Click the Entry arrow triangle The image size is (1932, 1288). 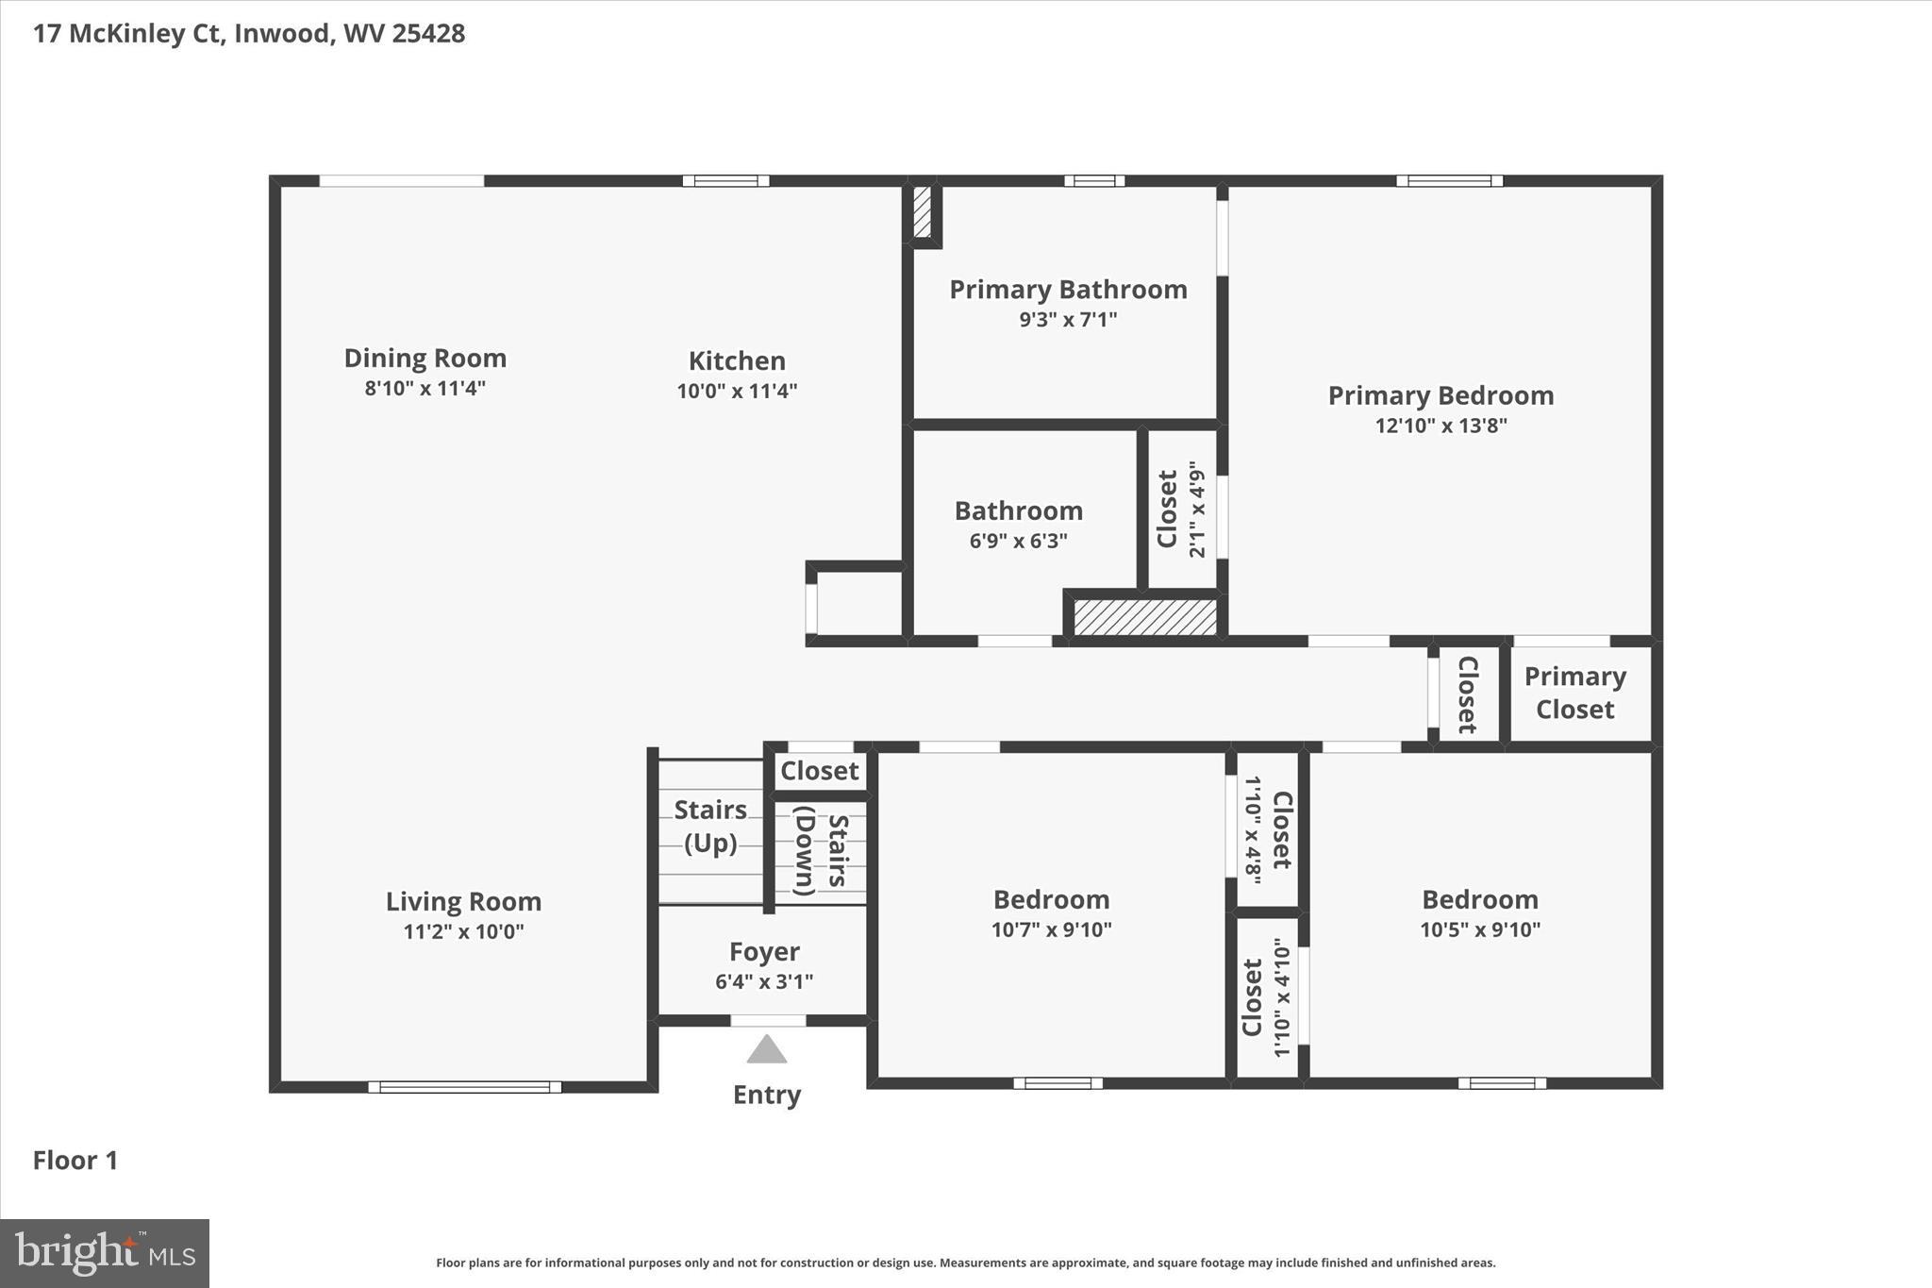pos(767,1049)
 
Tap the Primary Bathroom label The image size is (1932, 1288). pos(1068,290)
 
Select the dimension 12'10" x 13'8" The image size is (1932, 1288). pos(1441,426)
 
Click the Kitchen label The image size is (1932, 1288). pos(737,361)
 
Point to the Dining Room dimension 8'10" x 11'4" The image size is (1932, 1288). pos(425,388)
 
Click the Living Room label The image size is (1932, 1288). pos(463,902)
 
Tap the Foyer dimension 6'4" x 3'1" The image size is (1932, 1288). pos(764,981)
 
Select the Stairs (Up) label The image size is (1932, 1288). pos(709,826)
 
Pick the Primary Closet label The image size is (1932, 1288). pos(1574,693)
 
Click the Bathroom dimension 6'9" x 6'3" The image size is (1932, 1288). pos(1018,541)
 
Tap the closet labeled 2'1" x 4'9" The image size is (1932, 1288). pos(1181,510)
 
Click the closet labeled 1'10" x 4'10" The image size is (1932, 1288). pos(1266,997)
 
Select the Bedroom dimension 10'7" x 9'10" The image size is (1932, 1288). pos(1051,929)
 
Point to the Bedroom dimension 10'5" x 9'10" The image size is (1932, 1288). pos(1479,929)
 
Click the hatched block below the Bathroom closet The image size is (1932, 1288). pos(1144,617)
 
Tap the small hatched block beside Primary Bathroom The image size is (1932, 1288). pos(922,212)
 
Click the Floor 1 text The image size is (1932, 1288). pos(75,1161)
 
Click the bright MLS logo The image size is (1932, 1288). pos(105,1253)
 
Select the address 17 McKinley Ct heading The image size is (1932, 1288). pos(249,34)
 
